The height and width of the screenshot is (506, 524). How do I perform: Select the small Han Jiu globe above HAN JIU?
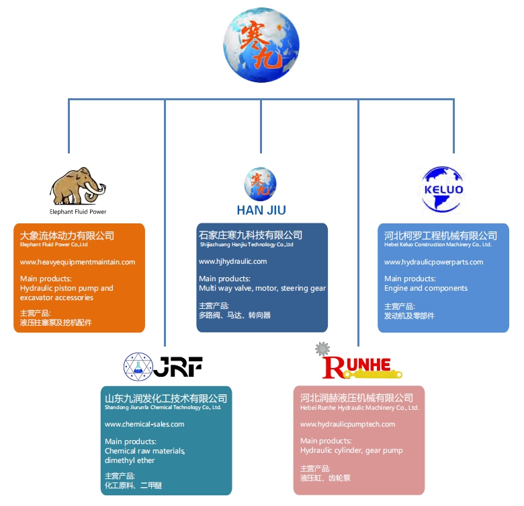(260, 183)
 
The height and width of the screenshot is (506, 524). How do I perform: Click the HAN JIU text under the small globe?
(261, 210)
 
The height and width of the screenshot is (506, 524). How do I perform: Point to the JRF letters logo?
(178, 366)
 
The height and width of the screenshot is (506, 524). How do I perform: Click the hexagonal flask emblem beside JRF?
(137, 367)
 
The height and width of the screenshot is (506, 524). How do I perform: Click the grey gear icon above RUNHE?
(322, 349)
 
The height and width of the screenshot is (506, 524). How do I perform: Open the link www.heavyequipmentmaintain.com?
(77, 262)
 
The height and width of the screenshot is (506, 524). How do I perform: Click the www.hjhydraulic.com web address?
(233, 261)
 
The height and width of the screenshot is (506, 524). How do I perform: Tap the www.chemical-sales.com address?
(144, 424)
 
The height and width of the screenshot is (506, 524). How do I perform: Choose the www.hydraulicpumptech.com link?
(347, 424)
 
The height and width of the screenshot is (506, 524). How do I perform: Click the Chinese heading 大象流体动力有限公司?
(67, 236)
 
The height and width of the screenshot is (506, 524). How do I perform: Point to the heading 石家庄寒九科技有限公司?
(251, 235)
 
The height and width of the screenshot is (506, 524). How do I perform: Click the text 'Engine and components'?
(426, 288)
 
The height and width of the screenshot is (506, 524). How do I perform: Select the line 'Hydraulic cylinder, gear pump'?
(351, 450)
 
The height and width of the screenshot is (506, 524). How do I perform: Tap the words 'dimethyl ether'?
(130, 460)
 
